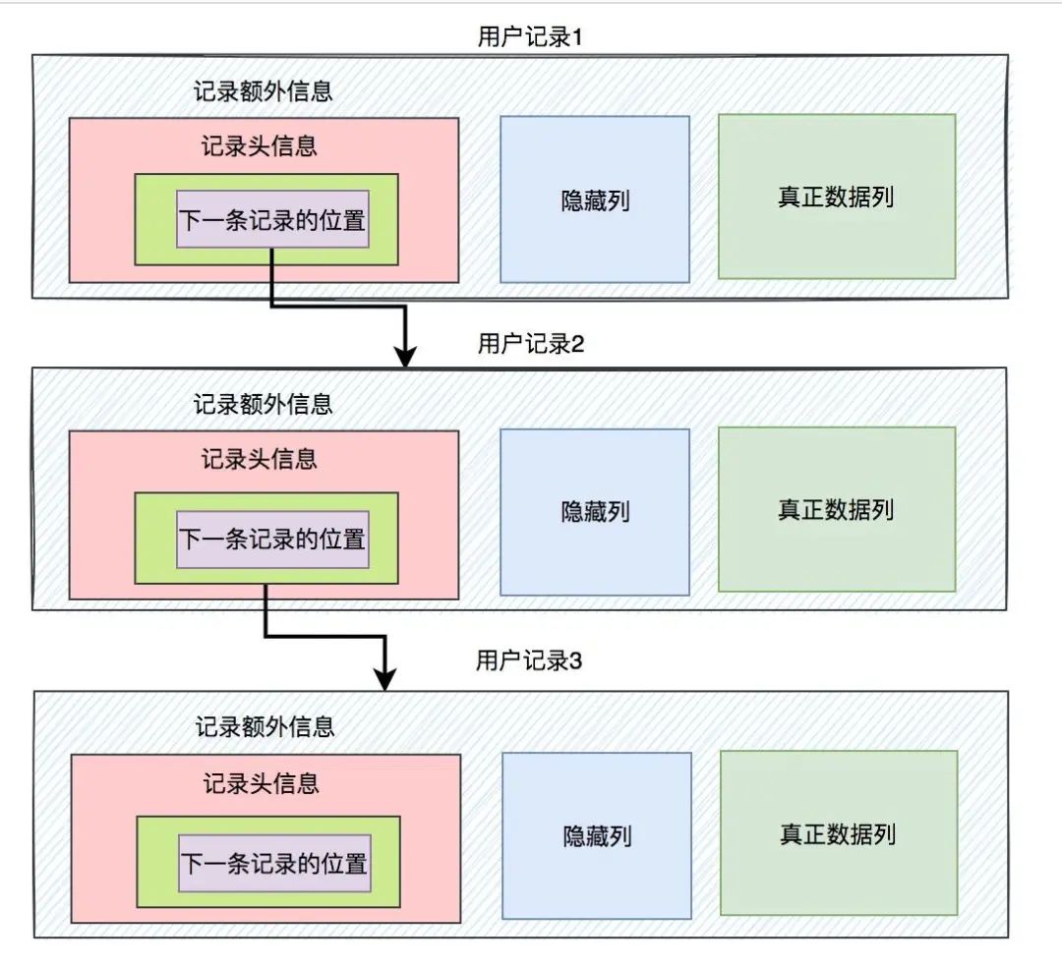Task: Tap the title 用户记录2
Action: point(530,344)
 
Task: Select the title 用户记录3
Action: point(530,661)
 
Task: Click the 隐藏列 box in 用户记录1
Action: point(595,199)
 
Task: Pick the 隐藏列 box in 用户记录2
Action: point(595,511)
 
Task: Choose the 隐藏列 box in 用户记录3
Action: point(597,835)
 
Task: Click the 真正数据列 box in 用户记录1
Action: point(837,197)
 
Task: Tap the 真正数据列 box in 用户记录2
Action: point(837,510)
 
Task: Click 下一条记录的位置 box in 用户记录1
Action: point(272,218)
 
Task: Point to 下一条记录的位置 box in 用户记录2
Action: point(272,539)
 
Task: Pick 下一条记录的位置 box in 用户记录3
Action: point(274,863)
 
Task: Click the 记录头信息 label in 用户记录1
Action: point(260,146)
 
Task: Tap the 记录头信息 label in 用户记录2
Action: point(260,459)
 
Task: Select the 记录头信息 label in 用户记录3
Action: point(262,783)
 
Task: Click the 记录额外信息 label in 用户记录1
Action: point(264,91)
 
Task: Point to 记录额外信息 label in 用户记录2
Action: point(264,404)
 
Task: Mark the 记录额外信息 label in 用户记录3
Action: point(265,726)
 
